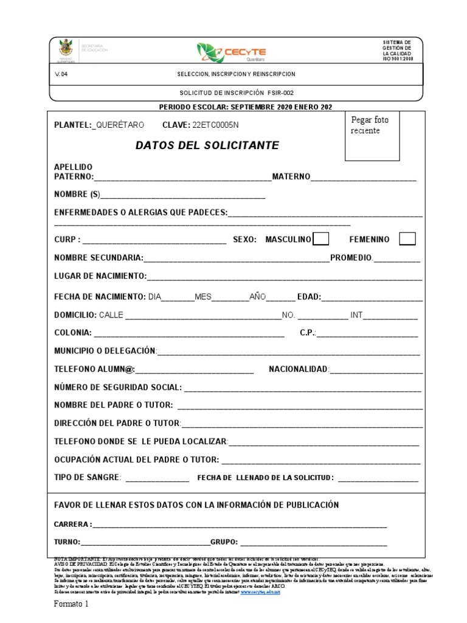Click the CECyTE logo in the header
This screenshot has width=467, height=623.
[x=232, y=52]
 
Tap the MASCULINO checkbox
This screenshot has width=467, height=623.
[x=321, y=239]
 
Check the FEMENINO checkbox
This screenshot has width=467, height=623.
[x=407, y=239]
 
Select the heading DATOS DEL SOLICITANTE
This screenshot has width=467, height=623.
[x=207, y=145]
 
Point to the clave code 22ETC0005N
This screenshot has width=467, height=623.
[x=215, y=125]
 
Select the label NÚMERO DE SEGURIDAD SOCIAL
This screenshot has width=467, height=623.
[x=118, y=387]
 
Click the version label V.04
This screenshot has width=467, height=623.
[x=60, y=74]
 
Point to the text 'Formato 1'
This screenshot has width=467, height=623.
[x=71, y=604]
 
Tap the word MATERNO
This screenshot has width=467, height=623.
[x=291, y=176]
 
